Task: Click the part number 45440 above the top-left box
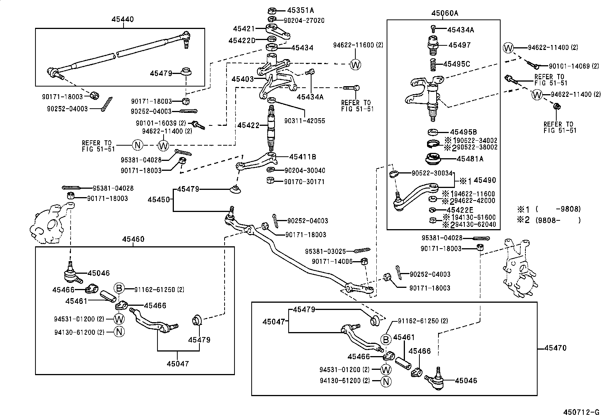(x=123, y=19)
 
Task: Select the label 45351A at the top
(x=300, y=10)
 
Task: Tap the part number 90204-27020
(x=304, y=20)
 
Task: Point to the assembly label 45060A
(x=445, y=13)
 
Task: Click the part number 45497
(x=459, y=45)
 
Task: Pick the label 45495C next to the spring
(x=456, y=64)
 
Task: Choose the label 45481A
(x=470, y=159)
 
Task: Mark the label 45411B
(x=302, y=157)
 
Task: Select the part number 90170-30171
(x=304, y=181)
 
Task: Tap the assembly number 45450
(x=159, y=199)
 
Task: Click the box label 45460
(x=133, y=239)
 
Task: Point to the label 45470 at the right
(x=555, y=348)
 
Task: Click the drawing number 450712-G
(x=581, y=412)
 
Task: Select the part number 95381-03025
(x=325, y=251)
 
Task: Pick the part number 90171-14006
(x=332, y=261)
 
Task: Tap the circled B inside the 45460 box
(x=119, y=289)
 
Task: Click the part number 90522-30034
(x=432, y=173)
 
